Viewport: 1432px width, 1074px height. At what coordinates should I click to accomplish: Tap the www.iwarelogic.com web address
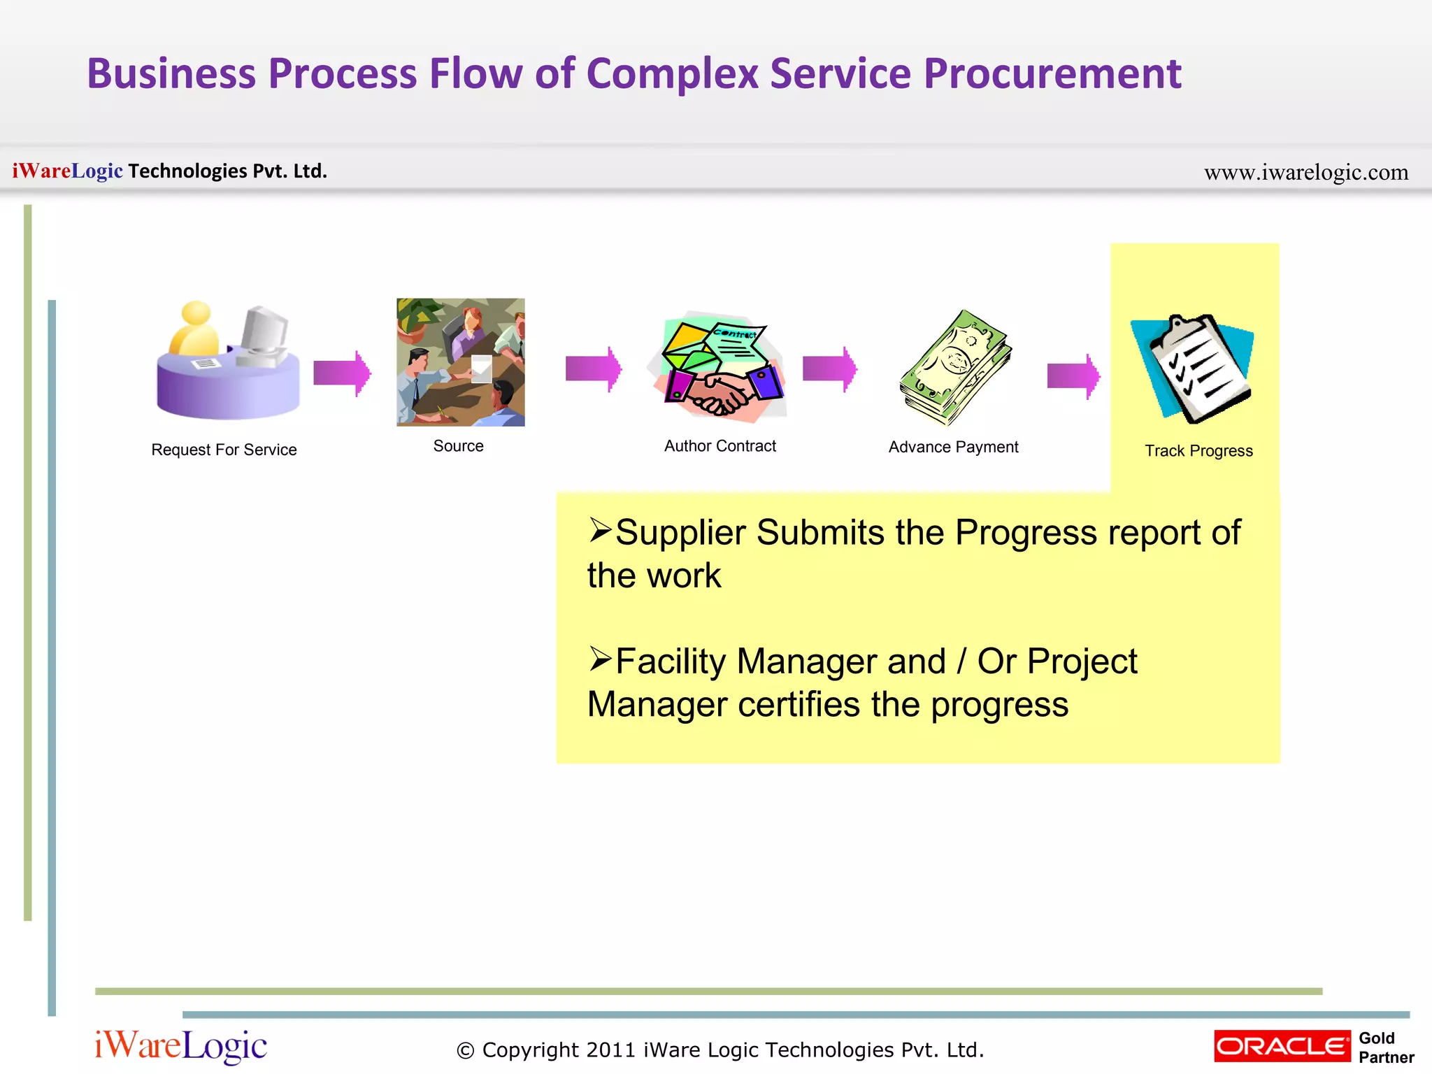1305,172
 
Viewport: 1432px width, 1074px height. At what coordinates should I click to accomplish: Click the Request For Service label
224,450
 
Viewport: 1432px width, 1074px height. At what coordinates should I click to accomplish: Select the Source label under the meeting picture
458,446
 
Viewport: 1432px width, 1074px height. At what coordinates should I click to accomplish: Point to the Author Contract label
719,446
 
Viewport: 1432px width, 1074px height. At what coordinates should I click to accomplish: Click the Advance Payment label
953,447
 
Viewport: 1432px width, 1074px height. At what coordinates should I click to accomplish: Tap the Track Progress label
1198,451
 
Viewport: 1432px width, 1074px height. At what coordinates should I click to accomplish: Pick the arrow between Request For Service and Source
341,373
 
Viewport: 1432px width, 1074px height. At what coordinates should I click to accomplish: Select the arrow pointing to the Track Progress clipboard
1073,376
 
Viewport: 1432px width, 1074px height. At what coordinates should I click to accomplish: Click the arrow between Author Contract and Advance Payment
829,368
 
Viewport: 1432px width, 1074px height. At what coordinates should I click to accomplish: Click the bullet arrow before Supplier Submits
599,531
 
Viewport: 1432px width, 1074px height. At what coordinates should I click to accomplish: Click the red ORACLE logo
1282,1046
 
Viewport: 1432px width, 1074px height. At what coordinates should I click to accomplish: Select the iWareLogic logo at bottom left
180,1046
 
